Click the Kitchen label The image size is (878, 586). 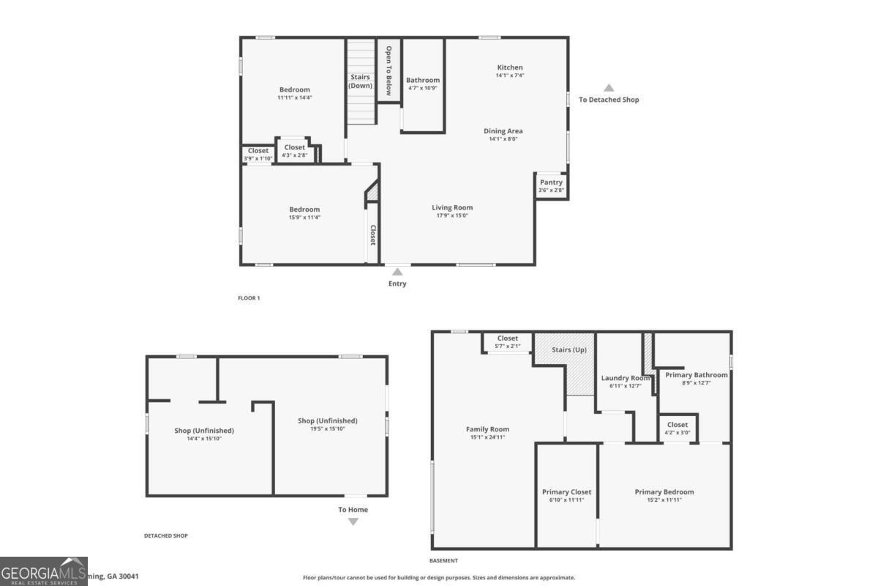(x=510, y=67)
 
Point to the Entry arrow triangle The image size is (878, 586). (x=397, y=272)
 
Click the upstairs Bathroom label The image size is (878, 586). (x=423, y=80)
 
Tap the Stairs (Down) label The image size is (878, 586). (x=360, y=81)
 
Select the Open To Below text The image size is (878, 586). (x=389, y=71)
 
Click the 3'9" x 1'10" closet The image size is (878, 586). (x=258, y=155)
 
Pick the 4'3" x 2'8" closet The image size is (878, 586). (x=294, y=151)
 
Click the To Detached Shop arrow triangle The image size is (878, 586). (x=609, y=88)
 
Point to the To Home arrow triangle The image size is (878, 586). (x=353, y=522)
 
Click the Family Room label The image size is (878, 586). (x=488, y=429)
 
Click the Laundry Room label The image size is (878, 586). (x=626, y=378)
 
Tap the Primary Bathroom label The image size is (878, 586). (x=697, y=375)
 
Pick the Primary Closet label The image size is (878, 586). (x=566, y=492)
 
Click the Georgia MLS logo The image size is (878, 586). (x=44, y=571)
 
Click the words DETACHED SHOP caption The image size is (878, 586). (x=165, y=535)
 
